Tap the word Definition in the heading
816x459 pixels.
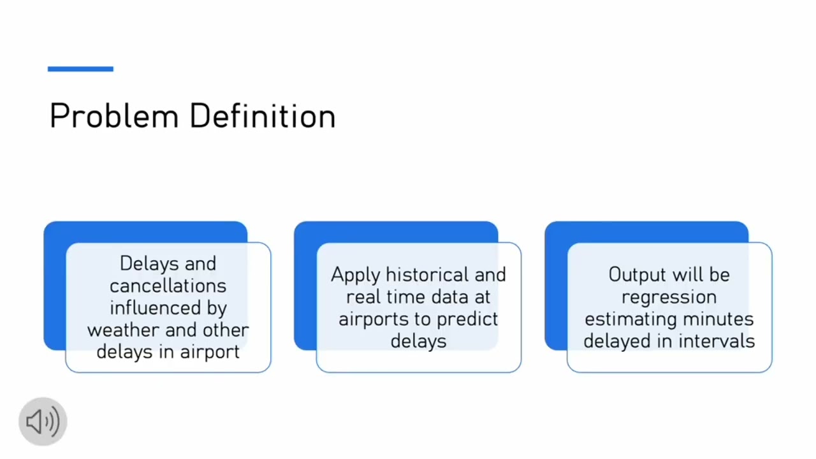pyautogui.click(x=262, y=116)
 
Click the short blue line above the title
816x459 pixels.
pyautogui.click(x=80, y=69)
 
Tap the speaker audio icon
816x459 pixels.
pyautogui.click(x=43, y=421)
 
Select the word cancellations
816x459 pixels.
pyautogui.click(x=168, y=286)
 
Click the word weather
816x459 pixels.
pyautogui.click(x=124, y=330)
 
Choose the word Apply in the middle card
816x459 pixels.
pyautogui.click(x=356, y=275)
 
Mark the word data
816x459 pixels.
pyautogui.click(x=446, y=297)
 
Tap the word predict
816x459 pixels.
pyautogui.click(x=469, y=319)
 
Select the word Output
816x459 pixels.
pyautogui.click(x=640, y=275)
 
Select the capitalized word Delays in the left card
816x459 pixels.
pyautogui.click(x=143, y=263)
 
